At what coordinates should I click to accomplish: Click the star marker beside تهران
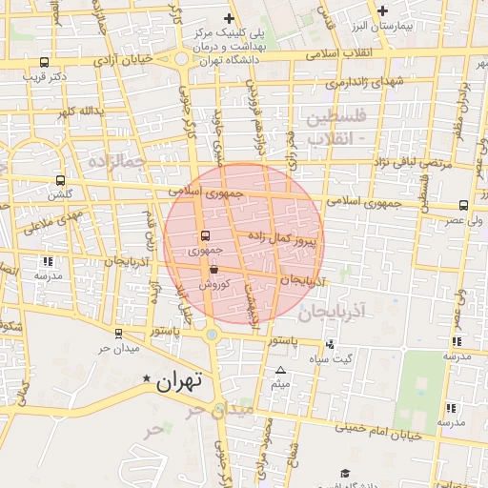click(146, 379)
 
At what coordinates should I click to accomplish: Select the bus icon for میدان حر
click(117, 334)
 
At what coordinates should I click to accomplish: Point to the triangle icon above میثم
click(280, 371)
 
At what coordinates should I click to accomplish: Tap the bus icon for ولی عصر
click(464, 205)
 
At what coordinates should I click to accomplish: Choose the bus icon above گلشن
click(61, 180)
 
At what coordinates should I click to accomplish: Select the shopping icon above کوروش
click(213, 271)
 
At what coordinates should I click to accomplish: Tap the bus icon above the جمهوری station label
click(205, 235)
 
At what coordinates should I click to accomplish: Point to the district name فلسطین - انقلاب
click(330, 127)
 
